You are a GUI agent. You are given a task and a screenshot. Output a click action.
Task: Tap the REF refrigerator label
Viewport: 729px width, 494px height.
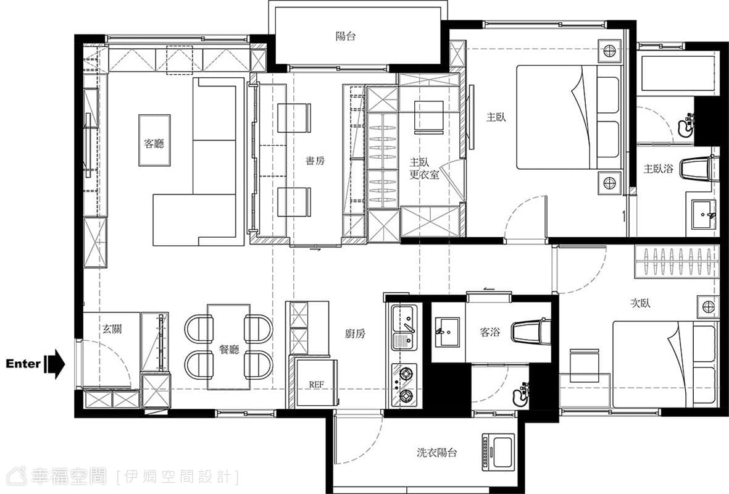click(x=316, y=385)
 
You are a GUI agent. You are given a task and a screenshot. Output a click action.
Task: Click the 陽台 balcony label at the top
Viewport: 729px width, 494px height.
click(x=346, y=36)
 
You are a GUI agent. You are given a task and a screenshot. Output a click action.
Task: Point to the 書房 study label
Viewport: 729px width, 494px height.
click(x=315, y=161)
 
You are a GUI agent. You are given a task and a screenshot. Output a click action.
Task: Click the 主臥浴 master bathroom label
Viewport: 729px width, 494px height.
click(x=658, y=169)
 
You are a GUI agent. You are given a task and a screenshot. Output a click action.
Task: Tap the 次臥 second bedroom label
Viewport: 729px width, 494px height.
click(x=639, y=303)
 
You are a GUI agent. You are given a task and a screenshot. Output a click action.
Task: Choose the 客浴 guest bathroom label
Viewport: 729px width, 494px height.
click(x=489, y=332)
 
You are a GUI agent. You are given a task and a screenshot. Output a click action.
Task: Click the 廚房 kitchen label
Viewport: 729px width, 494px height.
click(x=355, y=333)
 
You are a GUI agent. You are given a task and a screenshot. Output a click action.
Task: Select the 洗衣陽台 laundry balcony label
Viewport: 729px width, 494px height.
click(x=436, y=452)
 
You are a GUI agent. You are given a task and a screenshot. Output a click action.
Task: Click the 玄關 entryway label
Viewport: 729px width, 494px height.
click(x=112, y=329)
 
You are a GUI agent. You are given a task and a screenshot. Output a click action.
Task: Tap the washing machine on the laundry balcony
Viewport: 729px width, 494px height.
click(x=498, y=451)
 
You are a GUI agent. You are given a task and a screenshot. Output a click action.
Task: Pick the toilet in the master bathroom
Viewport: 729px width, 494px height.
click(x=698, y=170)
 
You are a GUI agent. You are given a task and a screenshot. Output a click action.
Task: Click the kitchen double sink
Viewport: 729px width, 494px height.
click(x=404, y=327)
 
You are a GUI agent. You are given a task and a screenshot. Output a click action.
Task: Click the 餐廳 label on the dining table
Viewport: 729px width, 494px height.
click(x=229, y=349)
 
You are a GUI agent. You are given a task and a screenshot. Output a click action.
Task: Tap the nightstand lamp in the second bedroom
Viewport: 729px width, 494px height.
click(x=708, y=306)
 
